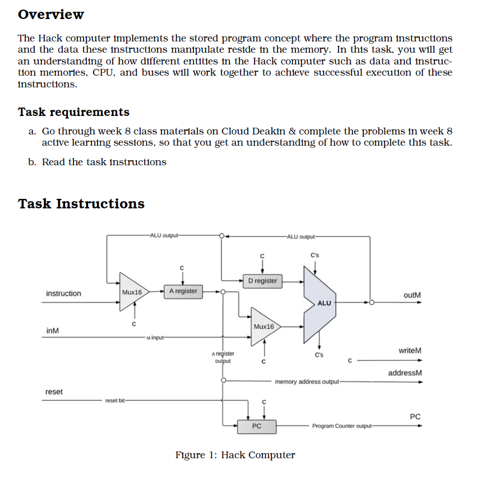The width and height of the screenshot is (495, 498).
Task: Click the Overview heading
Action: coord(51,15)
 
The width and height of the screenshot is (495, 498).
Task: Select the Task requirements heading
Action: coord(73,112)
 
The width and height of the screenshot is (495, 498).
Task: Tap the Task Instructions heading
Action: coord(81,203)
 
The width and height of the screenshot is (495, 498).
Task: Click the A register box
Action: coord(183,291)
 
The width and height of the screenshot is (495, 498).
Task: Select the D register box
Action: coord(262,280)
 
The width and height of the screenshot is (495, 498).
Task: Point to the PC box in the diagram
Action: coord(256,426)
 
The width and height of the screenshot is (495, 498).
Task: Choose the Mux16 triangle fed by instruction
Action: coord(132,292)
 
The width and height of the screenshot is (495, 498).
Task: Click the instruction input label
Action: coord(63,294)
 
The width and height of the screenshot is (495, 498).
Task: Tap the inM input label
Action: coord(53,331)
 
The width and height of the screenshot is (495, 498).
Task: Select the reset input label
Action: coord(54,392)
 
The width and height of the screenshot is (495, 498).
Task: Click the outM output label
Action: coord(411,295)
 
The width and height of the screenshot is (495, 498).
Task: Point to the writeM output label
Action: coord(409,350)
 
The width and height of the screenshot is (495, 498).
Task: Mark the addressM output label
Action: coord(405,373)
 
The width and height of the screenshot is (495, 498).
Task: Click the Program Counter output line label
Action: coord(342,426)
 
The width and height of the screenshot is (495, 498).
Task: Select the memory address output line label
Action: coord(307,382)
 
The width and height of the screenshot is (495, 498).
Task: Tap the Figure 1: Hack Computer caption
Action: coord(235,455)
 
